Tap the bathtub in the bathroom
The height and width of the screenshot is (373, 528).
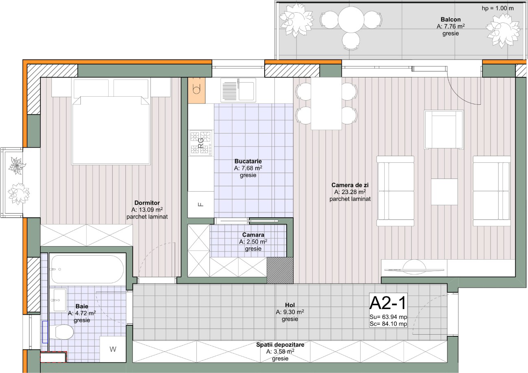coord(87,269)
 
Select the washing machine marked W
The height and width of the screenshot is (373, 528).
coord(113,349)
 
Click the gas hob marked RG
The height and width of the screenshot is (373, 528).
coord(201,143)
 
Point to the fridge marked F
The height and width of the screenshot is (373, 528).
coord(201,204)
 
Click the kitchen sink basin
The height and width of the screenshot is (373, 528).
coord(238,90)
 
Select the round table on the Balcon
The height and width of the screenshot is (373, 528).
coord(351,20)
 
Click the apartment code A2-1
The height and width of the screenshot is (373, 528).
coord(388,303)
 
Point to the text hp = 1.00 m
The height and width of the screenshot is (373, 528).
coord(498,8)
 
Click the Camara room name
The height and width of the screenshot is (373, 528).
coord(253,235)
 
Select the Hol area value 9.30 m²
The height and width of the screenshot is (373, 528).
coord(290,312)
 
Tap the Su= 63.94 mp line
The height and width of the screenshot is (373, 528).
coord(388,317)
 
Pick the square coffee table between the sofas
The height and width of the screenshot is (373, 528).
coord(444,192)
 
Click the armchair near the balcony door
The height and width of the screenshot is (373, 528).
coord(444,130)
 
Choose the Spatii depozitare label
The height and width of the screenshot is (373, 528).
coord(280,345)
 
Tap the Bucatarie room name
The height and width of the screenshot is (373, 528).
coord(248,161)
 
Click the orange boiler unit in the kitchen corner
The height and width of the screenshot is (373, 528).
coord(196,90)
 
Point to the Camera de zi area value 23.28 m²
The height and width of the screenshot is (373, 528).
coord(350,192)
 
